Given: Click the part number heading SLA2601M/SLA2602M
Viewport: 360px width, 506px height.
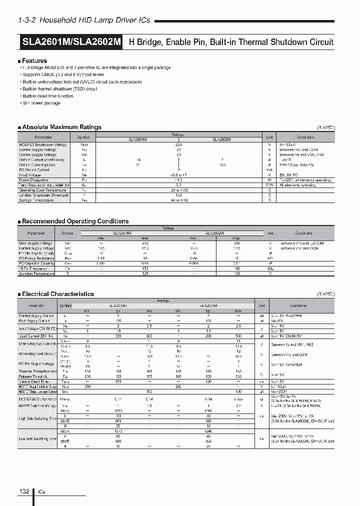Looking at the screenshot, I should (71, 42).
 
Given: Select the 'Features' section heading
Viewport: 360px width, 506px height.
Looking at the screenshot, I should (34, 60).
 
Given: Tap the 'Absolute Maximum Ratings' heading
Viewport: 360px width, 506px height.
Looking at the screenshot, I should (61, 127).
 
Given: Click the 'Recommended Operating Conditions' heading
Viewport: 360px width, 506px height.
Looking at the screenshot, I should (75, 221).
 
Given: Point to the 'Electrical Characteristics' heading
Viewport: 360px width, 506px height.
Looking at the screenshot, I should (58, 294).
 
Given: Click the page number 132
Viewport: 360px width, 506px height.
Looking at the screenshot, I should (24, 491).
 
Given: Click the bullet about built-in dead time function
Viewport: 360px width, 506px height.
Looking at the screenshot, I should (48, 96).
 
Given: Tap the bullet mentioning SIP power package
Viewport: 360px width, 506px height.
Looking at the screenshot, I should (41, 103).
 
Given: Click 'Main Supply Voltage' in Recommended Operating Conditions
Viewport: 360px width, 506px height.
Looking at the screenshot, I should (36, 243).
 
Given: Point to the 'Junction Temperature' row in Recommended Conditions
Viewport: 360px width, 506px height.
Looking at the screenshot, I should (36, 273).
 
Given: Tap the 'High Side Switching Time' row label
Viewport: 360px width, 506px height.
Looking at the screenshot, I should (37, 418).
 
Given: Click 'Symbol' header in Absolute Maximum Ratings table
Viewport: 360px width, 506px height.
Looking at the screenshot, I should (83, 137).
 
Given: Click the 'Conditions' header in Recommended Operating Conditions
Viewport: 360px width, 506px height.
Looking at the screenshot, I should (303, 233).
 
